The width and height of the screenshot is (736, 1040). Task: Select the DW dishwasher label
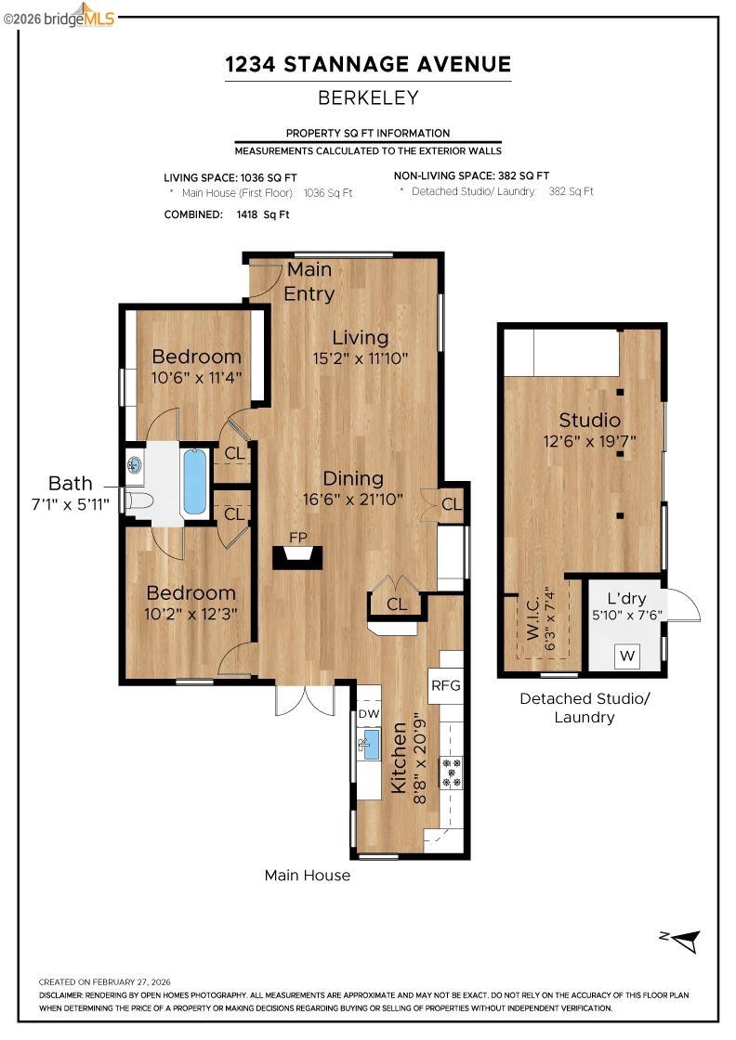368,714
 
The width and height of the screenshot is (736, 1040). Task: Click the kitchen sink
369,743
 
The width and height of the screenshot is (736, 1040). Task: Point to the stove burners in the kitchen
452,773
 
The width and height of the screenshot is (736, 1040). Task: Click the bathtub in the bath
194,481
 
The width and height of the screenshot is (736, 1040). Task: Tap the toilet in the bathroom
138,501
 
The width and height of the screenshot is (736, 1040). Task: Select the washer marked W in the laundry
628,656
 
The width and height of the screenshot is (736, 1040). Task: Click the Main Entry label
309,281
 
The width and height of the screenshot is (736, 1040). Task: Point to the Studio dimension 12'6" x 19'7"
589,441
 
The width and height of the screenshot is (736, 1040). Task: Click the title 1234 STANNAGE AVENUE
368,64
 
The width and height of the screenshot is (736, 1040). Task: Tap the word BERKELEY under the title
368,97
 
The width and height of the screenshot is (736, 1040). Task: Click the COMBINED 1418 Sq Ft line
227,214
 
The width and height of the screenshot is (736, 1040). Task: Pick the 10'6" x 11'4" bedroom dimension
196,378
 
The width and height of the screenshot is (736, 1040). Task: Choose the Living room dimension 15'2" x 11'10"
361,357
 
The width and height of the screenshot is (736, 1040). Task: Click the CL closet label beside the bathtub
234,454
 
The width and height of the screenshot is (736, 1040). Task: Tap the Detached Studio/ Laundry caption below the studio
585,708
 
